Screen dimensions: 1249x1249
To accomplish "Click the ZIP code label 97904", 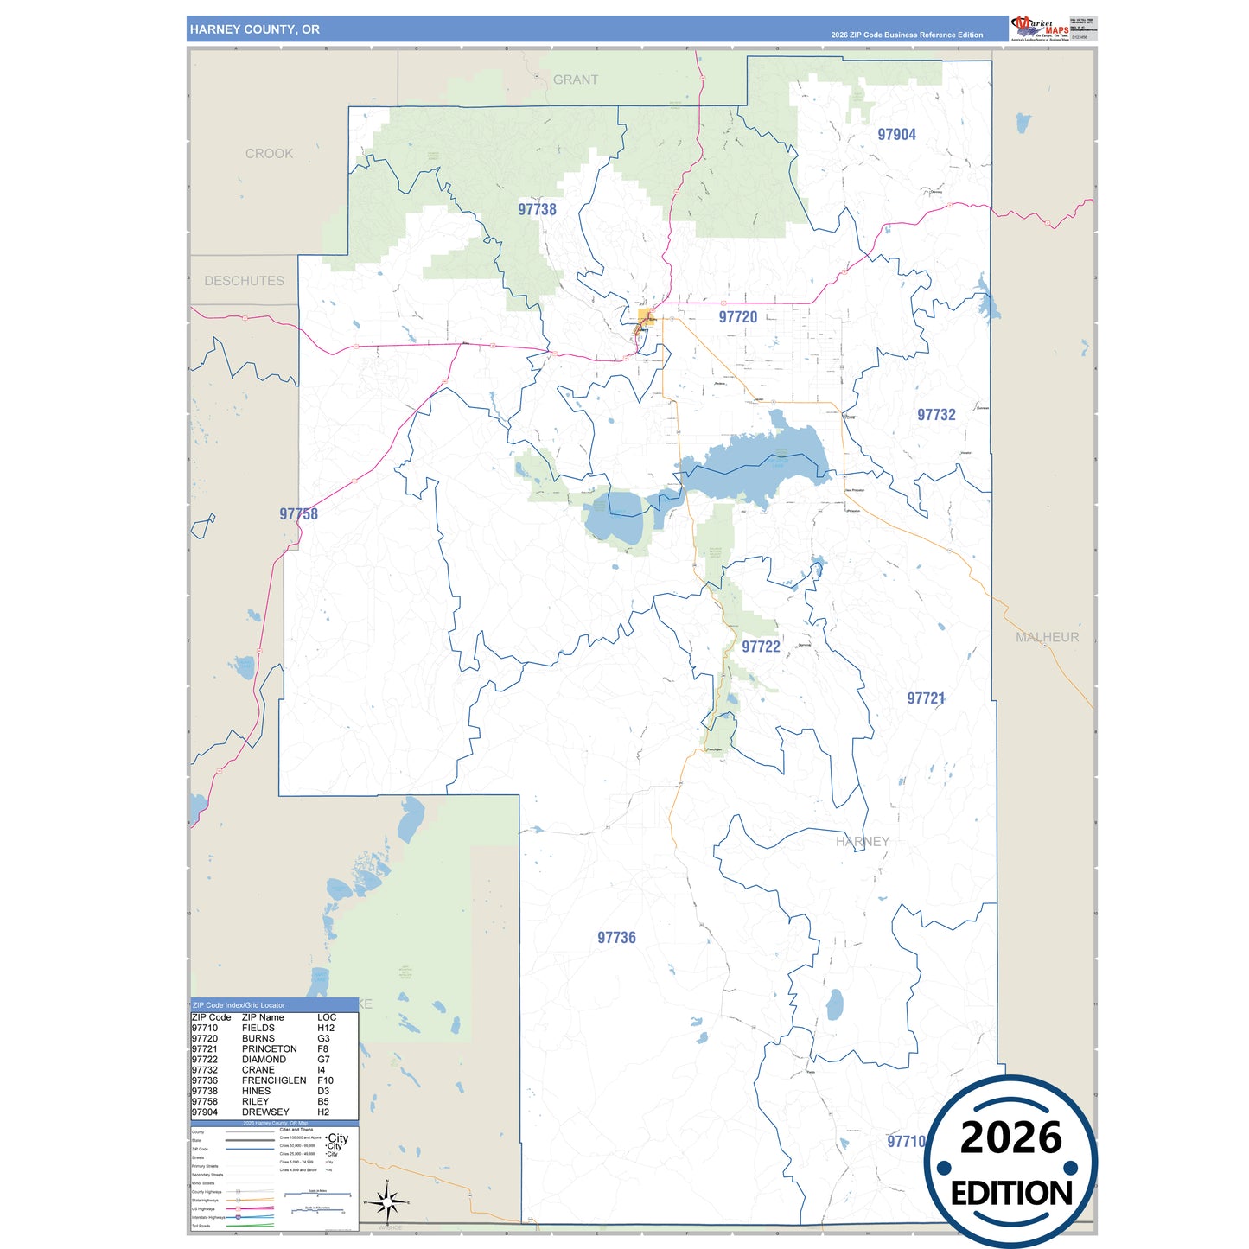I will (896, 135).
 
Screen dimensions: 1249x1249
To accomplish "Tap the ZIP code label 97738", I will (537, 209).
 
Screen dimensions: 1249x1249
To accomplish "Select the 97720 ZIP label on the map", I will (737, 317).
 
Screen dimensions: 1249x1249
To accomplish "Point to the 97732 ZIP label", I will (936, 415).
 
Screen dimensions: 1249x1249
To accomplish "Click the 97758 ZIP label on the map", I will (298, 514).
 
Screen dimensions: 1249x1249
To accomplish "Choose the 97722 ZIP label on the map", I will (761, 647).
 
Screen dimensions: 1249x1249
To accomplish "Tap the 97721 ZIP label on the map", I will (926, 698).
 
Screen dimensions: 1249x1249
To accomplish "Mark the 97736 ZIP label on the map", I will (616, 938).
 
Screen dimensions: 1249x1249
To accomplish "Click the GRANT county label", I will (576, 80).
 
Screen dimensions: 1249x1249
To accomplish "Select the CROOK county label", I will (269, 154).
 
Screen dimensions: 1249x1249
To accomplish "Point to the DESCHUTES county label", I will (244, 281).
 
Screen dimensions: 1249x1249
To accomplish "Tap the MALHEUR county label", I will (1047, 637).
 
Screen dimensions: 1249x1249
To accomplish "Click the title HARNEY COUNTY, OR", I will (255, 29).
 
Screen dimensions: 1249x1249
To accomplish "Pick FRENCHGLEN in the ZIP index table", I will (274, 1080).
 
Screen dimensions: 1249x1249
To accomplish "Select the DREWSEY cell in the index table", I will (265, 1112).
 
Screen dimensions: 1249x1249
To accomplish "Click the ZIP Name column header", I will (263, 1017).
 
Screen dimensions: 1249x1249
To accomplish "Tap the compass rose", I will (387, 1201).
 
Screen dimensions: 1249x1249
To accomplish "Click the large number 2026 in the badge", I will (1010, 1137).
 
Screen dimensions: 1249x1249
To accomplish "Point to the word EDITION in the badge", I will (1011, 1194).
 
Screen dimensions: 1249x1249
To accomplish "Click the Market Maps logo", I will (1040, 28).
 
